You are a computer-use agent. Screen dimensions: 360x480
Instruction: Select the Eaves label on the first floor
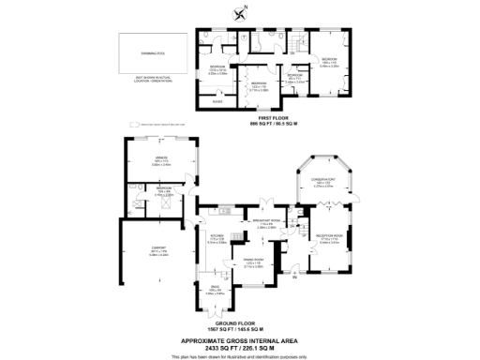tap(217, 100)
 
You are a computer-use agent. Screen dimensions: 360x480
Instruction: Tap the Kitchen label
tap(215, 236)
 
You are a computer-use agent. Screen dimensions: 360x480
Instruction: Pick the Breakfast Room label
tap(264, 223)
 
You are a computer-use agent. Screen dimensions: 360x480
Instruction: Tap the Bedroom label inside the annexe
tap(164, 188)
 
